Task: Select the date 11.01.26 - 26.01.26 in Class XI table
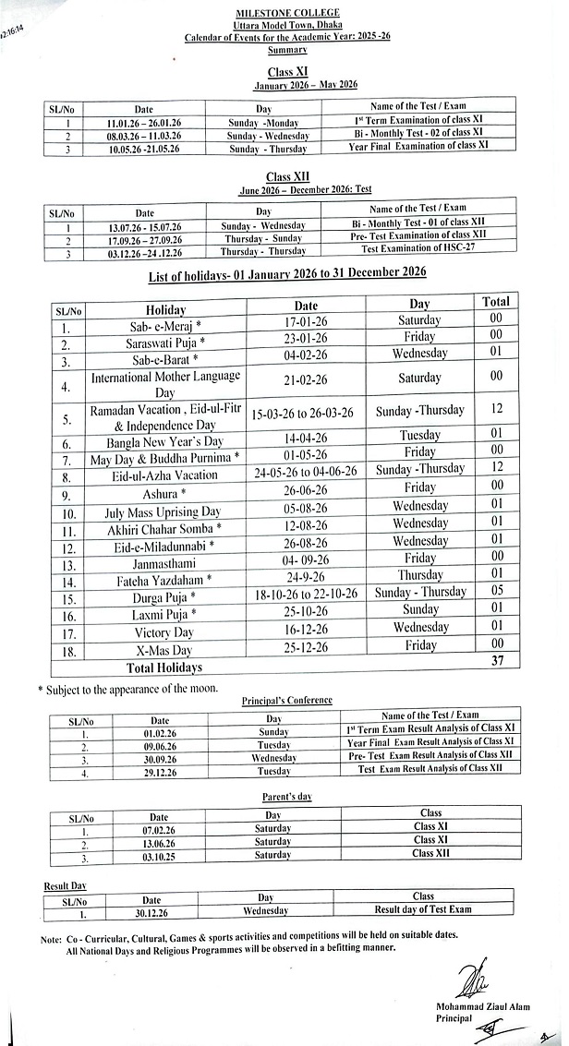point(143,122)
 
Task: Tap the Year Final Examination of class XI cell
point(418,147)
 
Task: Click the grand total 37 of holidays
point(496,661)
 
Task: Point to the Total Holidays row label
point(164,667)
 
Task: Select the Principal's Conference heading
point(286,700)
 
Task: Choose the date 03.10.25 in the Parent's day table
point(159,854)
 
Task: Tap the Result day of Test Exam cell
point(423,909)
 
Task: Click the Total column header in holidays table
point(496,302)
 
